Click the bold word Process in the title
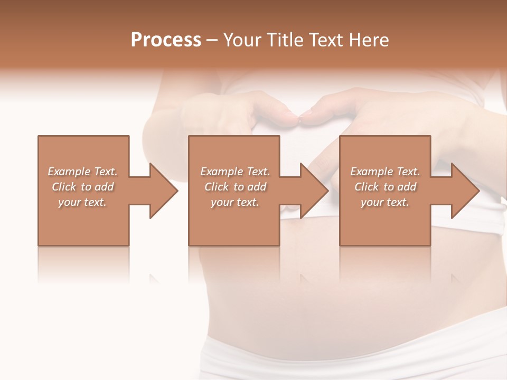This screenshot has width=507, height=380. [x=166, y=40]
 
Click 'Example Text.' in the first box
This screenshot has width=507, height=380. [x=82, y=172]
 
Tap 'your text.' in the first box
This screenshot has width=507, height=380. [x=82, y=202]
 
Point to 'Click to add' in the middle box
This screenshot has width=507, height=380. [x=235, y=187]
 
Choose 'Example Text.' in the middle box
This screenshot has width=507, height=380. [x=235, y=172]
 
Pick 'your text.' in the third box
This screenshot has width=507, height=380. [x=385, y=202]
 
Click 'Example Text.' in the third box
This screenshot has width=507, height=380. [x=385, y=172]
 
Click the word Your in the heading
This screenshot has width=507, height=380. [x=243, y=40]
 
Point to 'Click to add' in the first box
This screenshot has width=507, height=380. [x=82, y=187]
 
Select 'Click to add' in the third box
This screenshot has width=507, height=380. [x=385, y=187]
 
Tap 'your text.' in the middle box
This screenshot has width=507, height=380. [x=235, y=202]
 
